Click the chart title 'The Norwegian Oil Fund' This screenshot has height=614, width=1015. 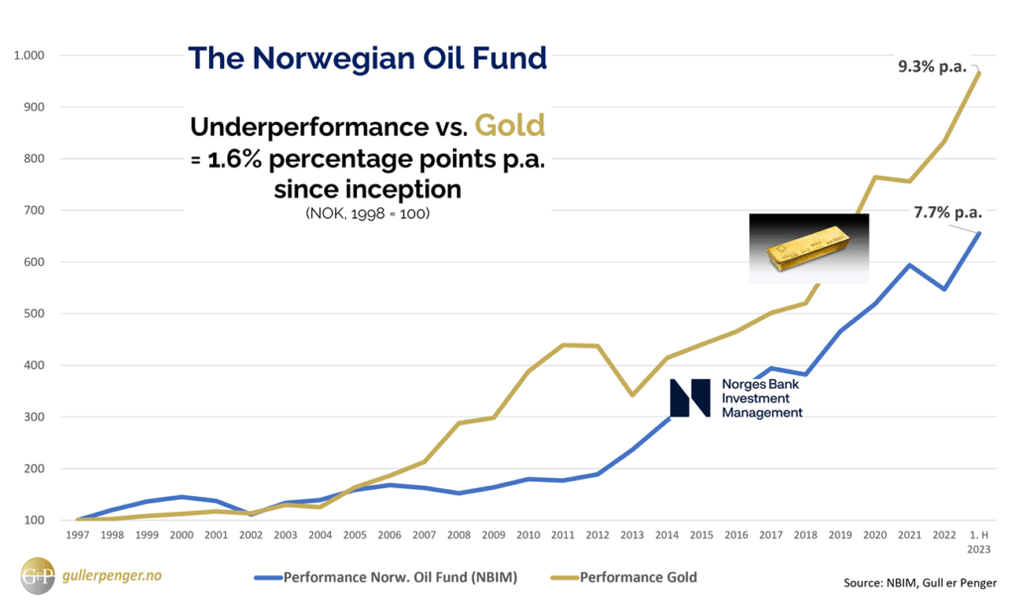coord(367,58)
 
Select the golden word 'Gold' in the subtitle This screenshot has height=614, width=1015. coord(509,126)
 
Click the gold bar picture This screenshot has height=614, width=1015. coord(809,248)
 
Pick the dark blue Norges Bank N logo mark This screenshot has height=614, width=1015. coord(690,397)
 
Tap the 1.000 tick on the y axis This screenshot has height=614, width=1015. coord(30,56)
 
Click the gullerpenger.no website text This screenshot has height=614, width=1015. coord(108,576)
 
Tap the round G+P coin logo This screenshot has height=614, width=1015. coord(38,577)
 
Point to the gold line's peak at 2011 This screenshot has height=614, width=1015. coord(562,345)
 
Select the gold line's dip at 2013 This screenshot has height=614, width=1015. coord(632,395)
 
